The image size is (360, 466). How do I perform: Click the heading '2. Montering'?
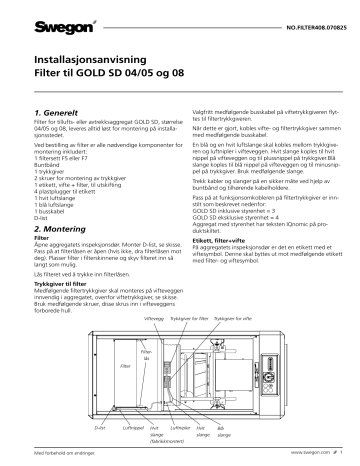63,229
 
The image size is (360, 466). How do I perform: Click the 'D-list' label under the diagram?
99,425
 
